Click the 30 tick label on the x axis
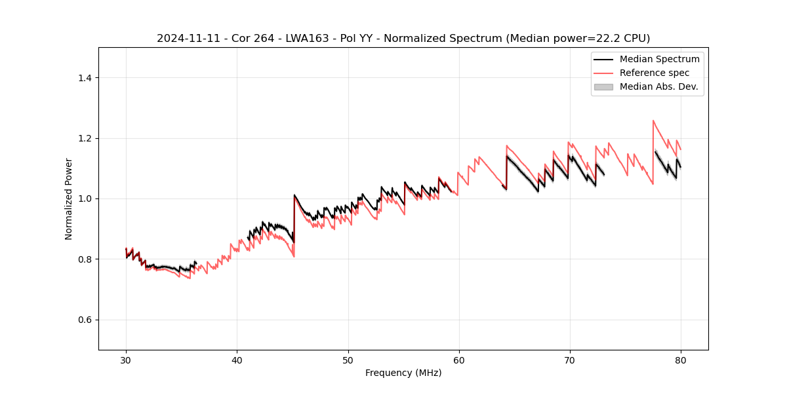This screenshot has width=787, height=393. tap(126, 360)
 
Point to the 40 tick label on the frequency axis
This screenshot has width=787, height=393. tap(237, 360)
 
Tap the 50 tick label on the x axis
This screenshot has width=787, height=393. tap(348, 360)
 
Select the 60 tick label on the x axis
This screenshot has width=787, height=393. tap(458, 360)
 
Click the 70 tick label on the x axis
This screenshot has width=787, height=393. tap(569, 360)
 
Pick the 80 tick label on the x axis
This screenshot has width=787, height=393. tap(680, 360)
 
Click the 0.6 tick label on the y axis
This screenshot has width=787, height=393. tap(85, 320)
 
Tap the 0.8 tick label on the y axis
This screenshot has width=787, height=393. tap(85, 259)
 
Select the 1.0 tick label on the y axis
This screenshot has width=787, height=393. tap(85, 198)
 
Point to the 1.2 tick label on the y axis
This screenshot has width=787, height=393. tap(85, 138)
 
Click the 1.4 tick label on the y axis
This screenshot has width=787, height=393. tap(85, 78)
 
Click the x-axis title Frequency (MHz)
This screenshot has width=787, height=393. tap(403, 373)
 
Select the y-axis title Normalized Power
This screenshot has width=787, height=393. tap(69, 198)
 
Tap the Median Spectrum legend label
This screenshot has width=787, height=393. tap(659, 59)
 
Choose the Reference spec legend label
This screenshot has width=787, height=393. tap(655, 73)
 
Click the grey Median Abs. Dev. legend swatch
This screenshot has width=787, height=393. tap(603, 86)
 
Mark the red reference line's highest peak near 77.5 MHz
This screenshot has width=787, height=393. tap(653, 121)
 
